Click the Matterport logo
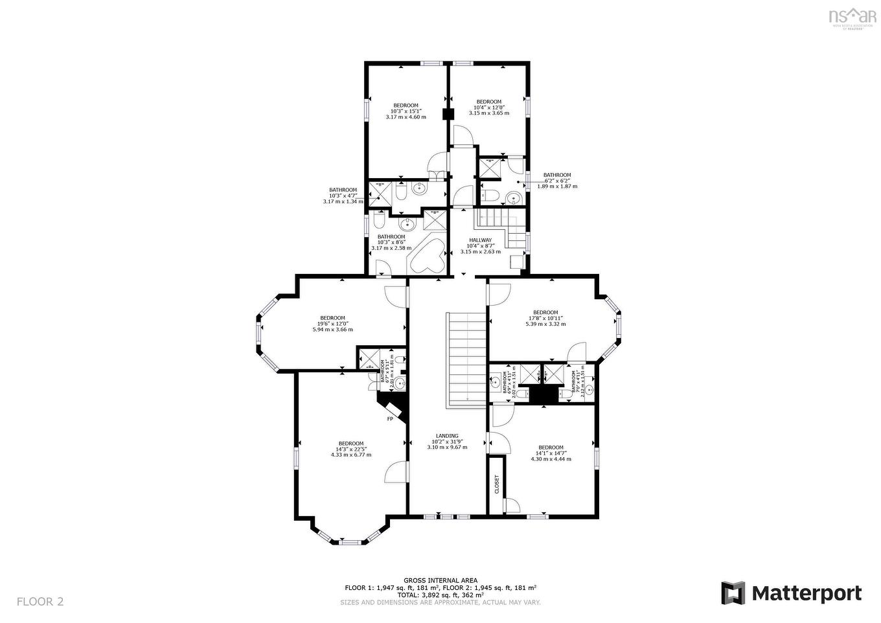tap(792, 593)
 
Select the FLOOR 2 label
tap(40, 601)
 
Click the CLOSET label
tap(497, 484)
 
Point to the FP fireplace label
tap(390, 419)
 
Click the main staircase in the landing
tap(466, 359)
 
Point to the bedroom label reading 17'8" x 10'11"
tap(545, 318)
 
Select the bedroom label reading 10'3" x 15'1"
tap(406, 111)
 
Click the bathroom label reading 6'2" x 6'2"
tap(557, 181)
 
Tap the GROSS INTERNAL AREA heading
tap(440, 580)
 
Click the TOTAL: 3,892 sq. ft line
tap(440, 595)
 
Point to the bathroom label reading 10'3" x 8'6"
tap(391, 242)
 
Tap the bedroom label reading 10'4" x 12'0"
tap(489, 108)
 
